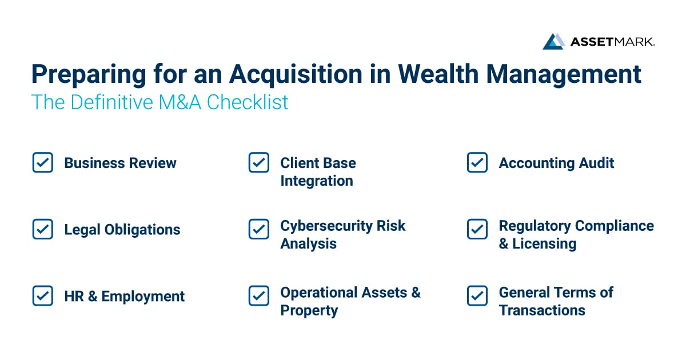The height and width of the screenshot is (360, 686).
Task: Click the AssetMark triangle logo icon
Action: [553, 41]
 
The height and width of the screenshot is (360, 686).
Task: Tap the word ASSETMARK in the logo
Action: [612, 42]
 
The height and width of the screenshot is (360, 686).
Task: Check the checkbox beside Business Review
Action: [43, 163]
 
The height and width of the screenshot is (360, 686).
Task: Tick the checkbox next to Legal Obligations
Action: [43, 230]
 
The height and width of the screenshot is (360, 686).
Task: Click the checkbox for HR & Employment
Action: [43, 296]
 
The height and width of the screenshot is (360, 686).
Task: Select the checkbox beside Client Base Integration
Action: [259, 163]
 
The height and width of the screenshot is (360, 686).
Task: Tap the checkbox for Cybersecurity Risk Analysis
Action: [259, 230]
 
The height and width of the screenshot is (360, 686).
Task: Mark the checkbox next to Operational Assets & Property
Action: [259, 296]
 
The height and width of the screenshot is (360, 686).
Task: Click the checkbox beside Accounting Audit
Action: [477, 163]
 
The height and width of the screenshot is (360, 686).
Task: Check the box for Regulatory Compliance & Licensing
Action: [477, 230]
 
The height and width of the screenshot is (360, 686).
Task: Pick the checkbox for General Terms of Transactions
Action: [477, 296]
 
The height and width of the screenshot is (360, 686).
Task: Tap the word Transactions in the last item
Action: [542, 310]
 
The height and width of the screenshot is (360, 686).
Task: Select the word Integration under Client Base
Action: [316, 181]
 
